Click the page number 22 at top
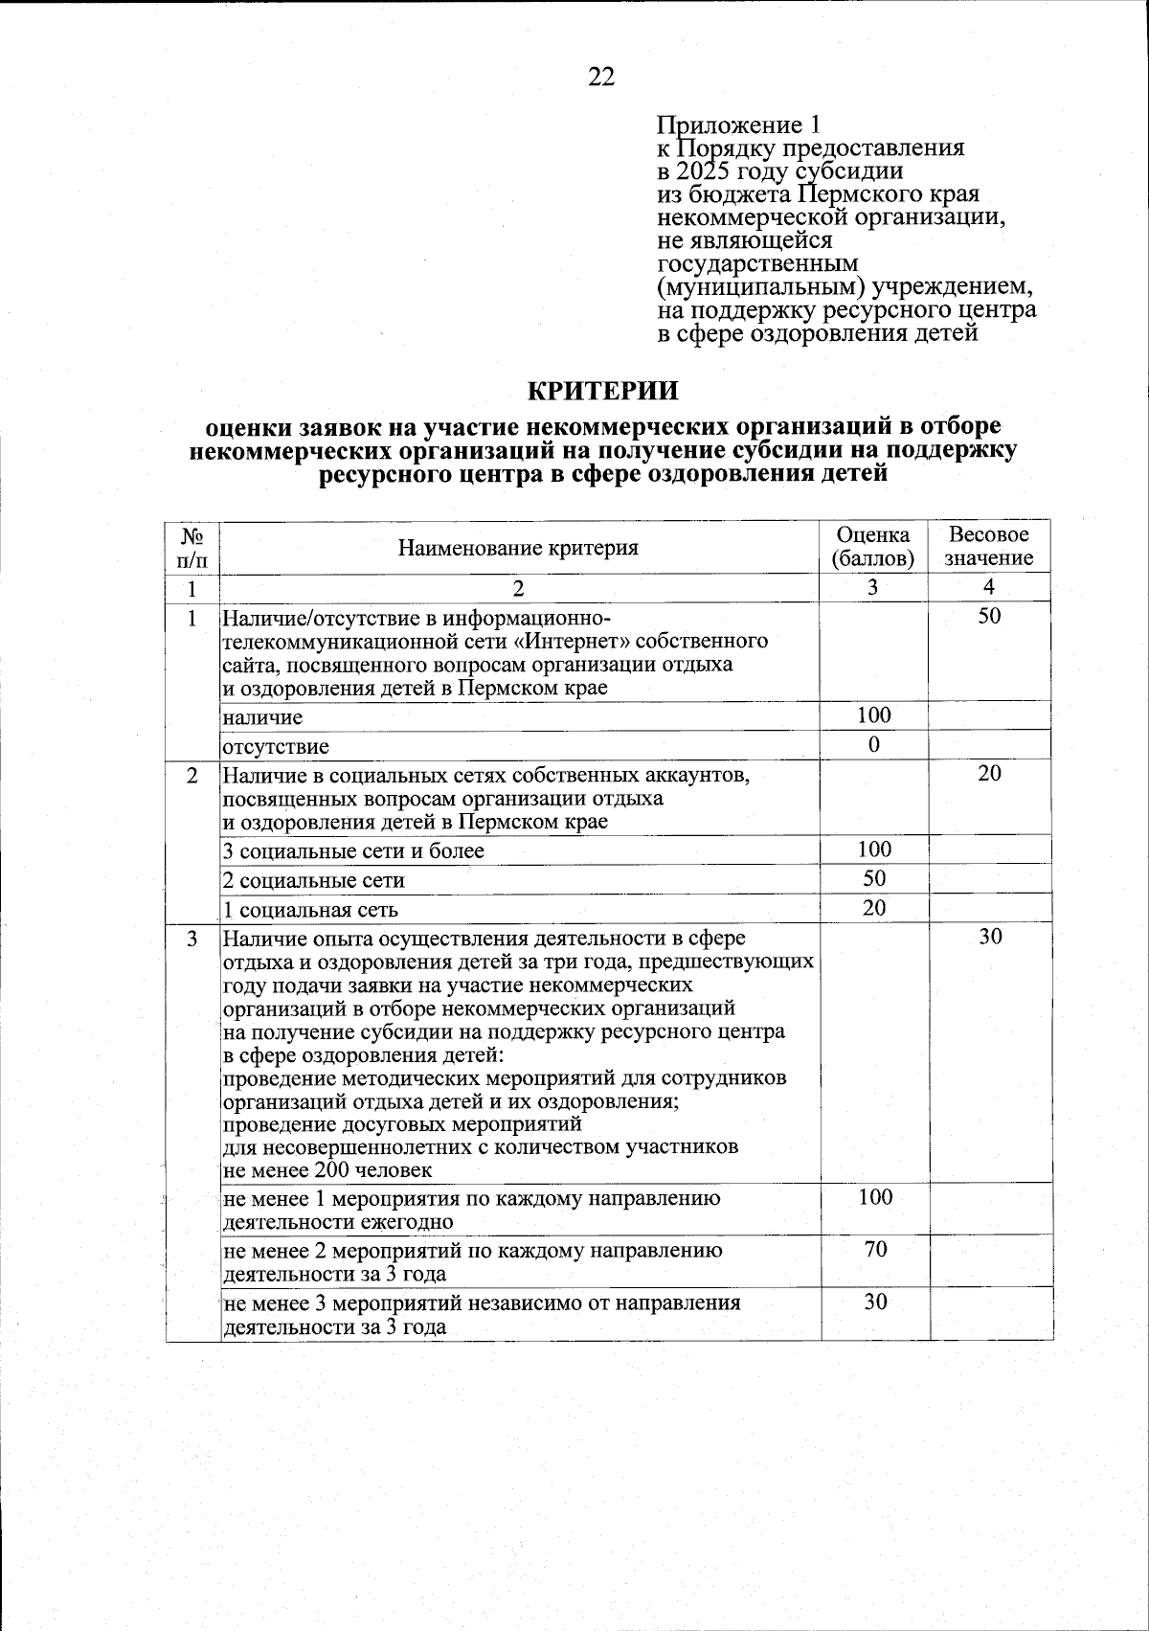pyautogui.click(x=601, y=78)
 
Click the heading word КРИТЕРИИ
pyautogui.click(x=603, y=391)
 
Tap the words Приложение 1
pyautogui.click(x=738, y=125)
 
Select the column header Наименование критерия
pyautogui.click(x=518, y=548)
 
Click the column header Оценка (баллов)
pyautogui.click(x=873, y=547)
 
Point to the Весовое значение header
pyautogui.click(x=989, y=547)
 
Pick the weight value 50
pyautogui.click(x=989, y=617)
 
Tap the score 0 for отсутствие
pyautogui.click(x=874, y=744)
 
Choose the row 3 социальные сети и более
pyautogui.click(x=353, y=851)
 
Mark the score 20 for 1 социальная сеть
pyautogui.click(x=873, y=908)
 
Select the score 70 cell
pyautogui.click(x=874, y=1250)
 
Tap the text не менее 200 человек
pyautogui.click(x=327, y=1170)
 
